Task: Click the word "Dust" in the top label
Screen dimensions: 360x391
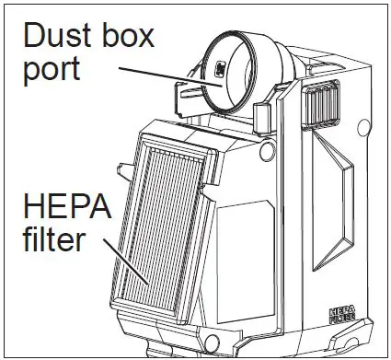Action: (57, 39)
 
